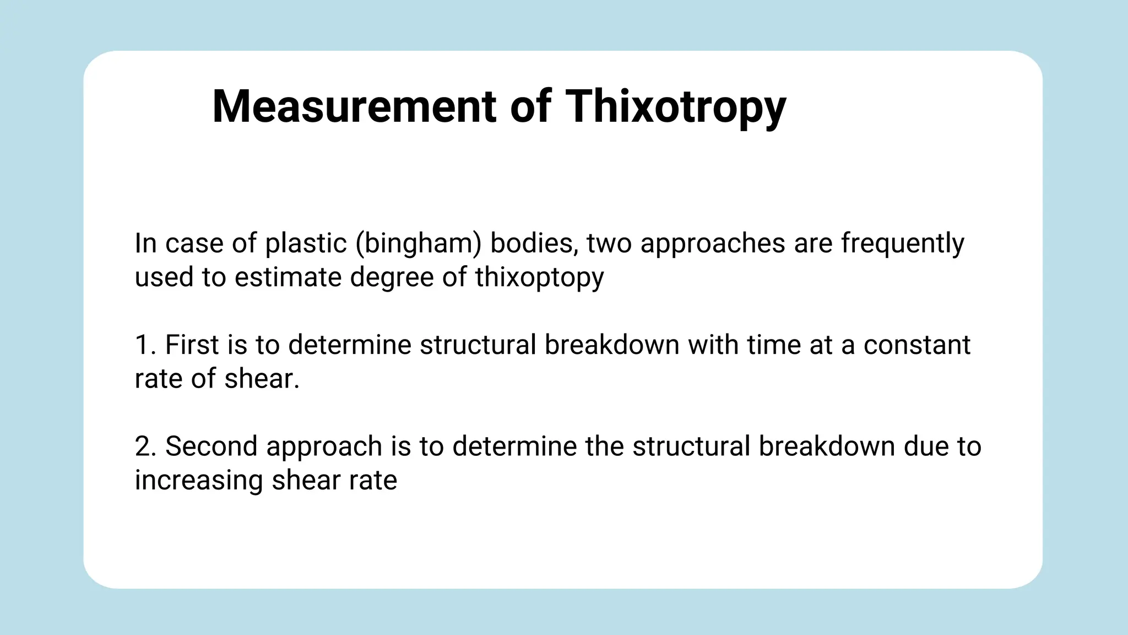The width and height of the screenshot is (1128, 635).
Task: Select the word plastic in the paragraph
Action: (x=306, y=243)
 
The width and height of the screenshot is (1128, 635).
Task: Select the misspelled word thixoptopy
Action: (x=539, y=277)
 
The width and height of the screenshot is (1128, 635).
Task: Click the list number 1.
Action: (x=144, y=345)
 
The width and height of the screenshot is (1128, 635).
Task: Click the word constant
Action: (x=916, y=345)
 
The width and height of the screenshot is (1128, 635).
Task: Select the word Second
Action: (x=211, y=446)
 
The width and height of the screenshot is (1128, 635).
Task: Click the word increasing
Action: (x=199, y=481)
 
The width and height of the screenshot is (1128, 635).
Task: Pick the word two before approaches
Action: (x=609, y=243)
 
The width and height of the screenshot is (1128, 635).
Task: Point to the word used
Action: (x=164, y=277)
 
